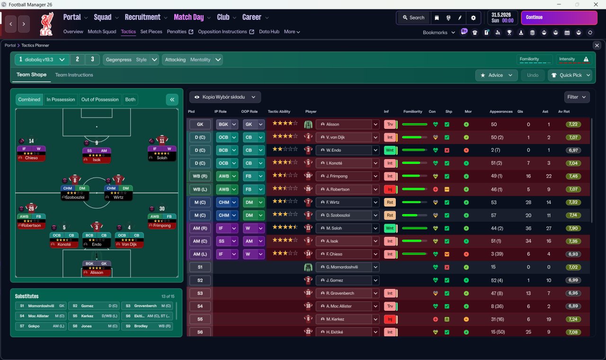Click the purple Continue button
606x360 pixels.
[x=559, y=18]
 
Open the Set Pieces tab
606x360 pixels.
[x=151, y=32]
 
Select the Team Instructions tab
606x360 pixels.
[x=74, y=75]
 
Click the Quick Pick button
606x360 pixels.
[x=570, y=75]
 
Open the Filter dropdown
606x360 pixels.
[x=577, y=97]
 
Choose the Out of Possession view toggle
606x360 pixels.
[x=100, y=99]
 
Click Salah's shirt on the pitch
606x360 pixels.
[x=162, y=140]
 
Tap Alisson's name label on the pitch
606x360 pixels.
[x=97, y=272]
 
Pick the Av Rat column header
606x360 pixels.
[x=563, y=112]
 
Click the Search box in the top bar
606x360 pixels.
[x=413, y=18]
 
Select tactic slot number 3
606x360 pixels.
[x=92, y=60]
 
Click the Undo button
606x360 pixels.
[x=533, y=75]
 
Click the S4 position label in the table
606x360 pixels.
[x=200, y=306]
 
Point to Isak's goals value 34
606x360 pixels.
[x=528, y=241]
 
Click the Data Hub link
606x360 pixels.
[x=269, y=32]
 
